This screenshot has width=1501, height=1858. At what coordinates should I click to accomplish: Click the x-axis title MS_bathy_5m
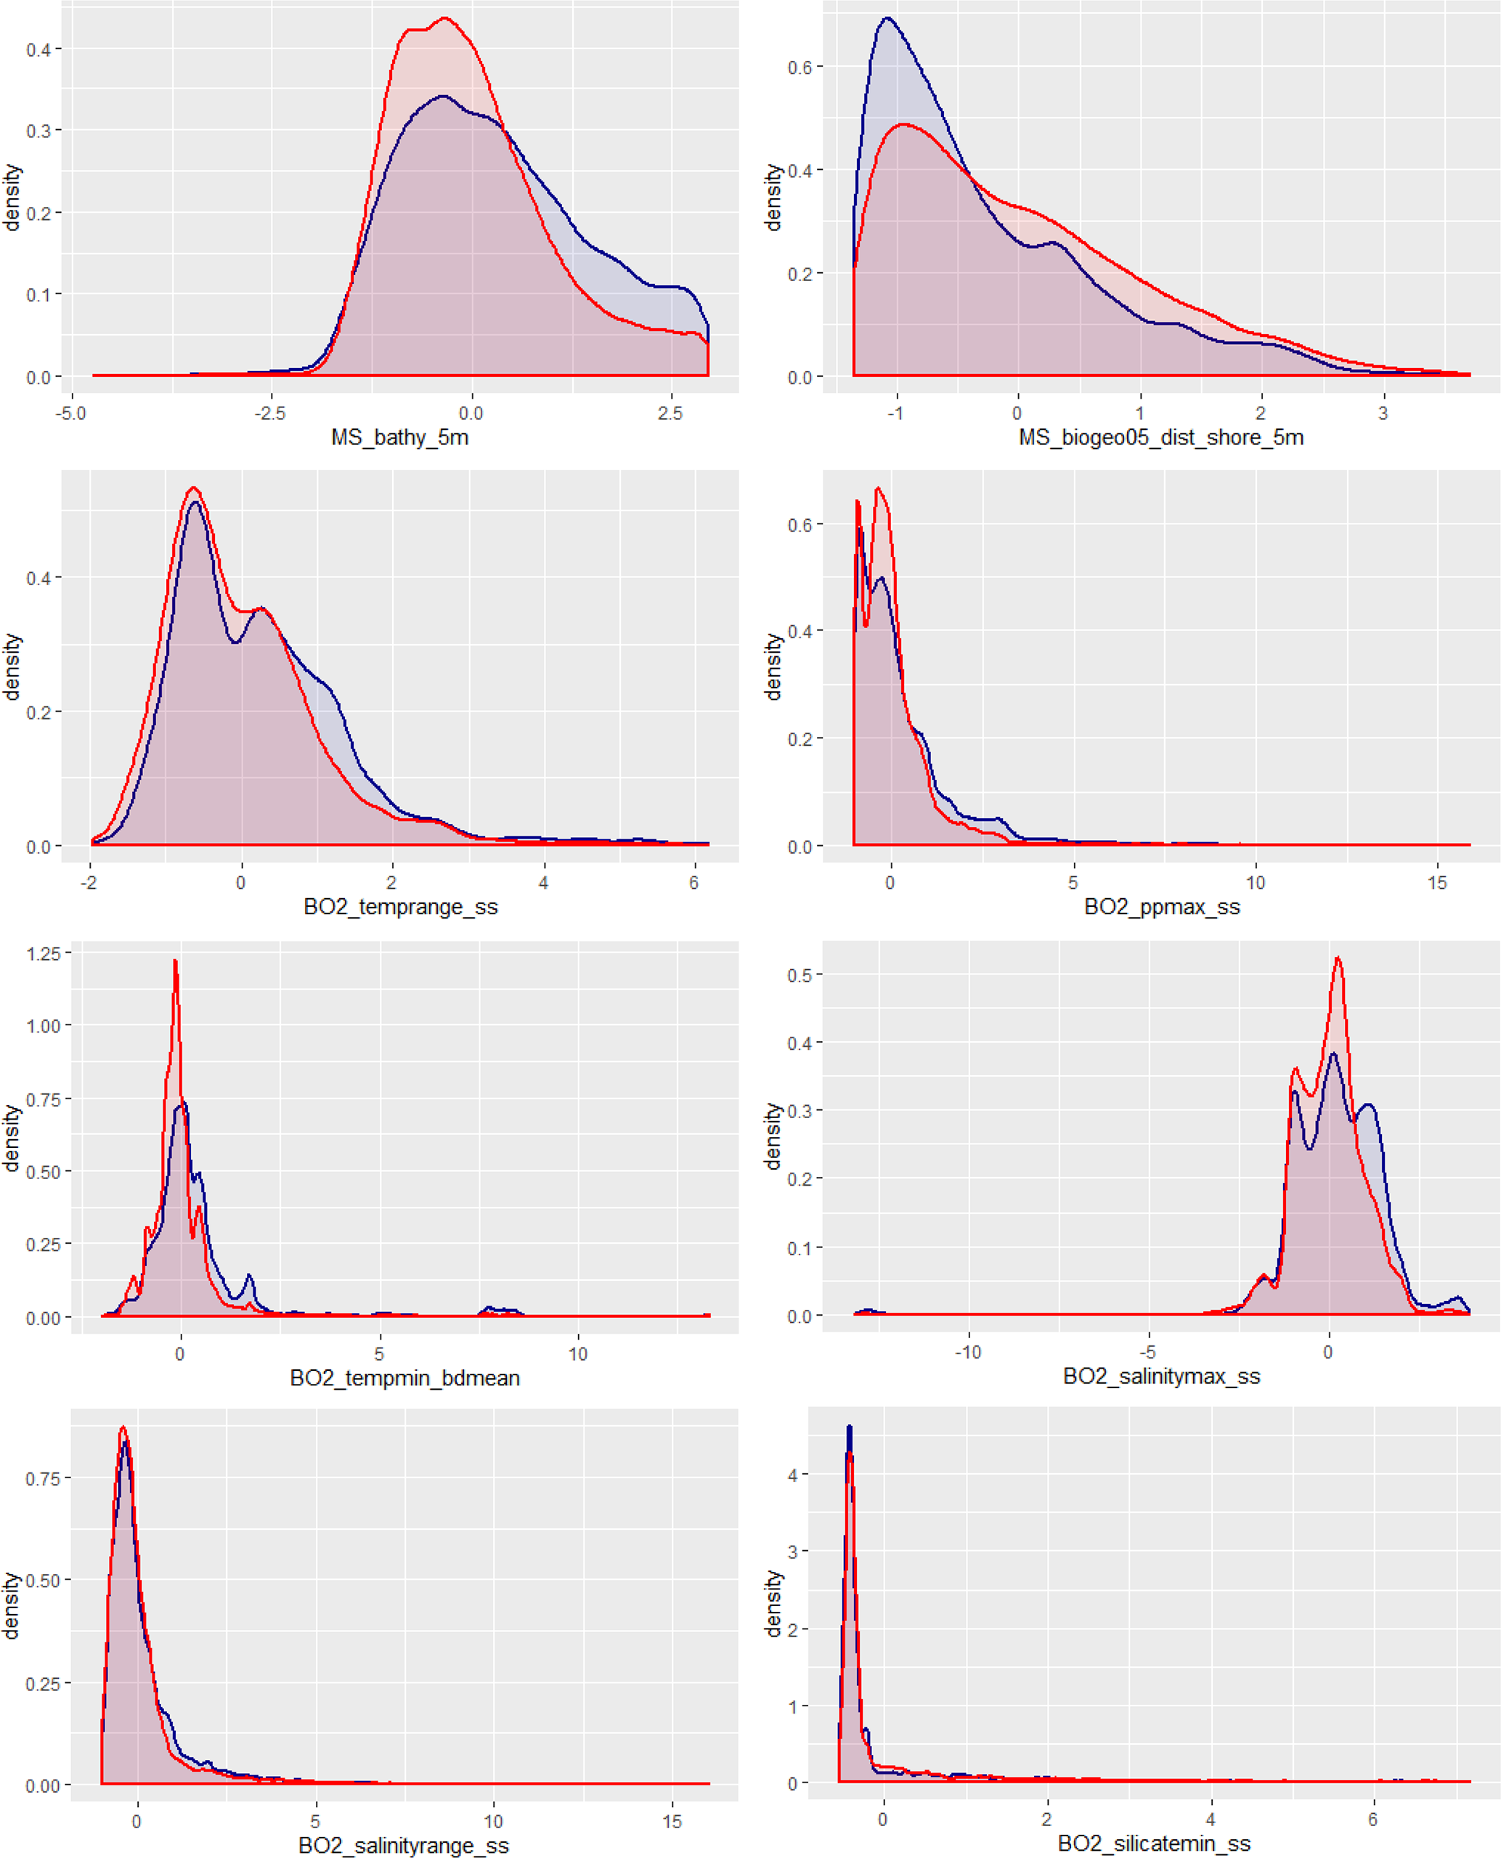399,438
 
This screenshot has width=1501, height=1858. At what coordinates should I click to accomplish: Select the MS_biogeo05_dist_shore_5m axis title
1160,438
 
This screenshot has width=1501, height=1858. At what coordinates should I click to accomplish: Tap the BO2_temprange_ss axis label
400,907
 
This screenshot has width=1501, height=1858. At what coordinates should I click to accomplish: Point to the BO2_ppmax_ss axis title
1161,907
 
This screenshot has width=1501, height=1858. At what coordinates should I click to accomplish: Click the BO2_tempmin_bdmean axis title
404,1377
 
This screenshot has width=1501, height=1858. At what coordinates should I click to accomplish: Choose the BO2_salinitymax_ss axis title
1161,1377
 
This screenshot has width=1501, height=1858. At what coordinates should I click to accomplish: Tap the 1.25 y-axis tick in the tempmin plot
44,953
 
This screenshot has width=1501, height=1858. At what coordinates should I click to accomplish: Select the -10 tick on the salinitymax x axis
967,1352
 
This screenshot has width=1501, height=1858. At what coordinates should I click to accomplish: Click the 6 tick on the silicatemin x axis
1372,1819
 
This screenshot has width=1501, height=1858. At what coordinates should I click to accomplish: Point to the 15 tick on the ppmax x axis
1437,883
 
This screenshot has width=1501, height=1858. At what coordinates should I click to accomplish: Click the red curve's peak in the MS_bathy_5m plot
444,18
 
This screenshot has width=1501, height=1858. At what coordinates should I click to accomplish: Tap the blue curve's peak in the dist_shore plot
888,18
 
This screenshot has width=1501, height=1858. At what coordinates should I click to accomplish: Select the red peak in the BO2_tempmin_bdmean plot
176,961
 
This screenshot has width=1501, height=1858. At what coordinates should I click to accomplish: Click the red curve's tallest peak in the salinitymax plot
1338,958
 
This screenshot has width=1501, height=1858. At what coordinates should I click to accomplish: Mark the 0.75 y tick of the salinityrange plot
44,1478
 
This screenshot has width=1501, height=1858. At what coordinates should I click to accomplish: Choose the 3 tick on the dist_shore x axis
1383,413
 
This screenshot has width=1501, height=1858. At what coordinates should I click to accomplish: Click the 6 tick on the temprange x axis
693,883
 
